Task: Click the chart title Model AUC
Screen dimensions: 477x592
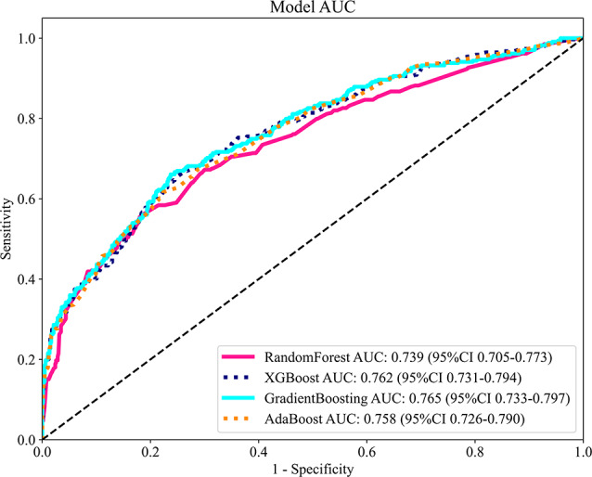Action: point(310,8)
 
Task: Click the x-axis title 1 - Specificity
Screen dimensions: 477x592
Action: point(311,469)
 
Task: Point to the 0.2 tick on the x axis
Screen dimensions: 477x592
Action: point(149,451)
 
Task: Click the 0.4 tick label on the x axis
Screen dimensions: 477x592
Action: point(258,451)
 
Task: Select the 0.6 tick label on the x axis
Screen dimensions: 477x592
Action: point(366,451)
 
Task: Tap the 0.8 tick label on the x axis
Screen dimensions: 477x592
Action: point(474,451)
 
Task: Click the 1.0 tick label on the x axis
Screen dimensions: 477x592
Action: point(581,451)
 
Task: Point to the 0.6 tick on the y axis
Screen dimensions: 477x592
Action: point(26,199)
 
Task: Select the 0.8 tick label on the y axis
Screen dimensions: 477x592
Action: point(26,119)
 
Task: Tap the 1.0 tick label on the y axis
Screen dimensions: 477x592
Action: point(26,38)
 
